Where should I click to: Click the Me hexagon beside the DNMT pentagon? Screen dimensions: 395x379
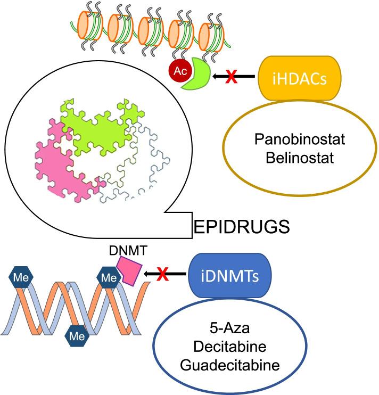tap(109, 277)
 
